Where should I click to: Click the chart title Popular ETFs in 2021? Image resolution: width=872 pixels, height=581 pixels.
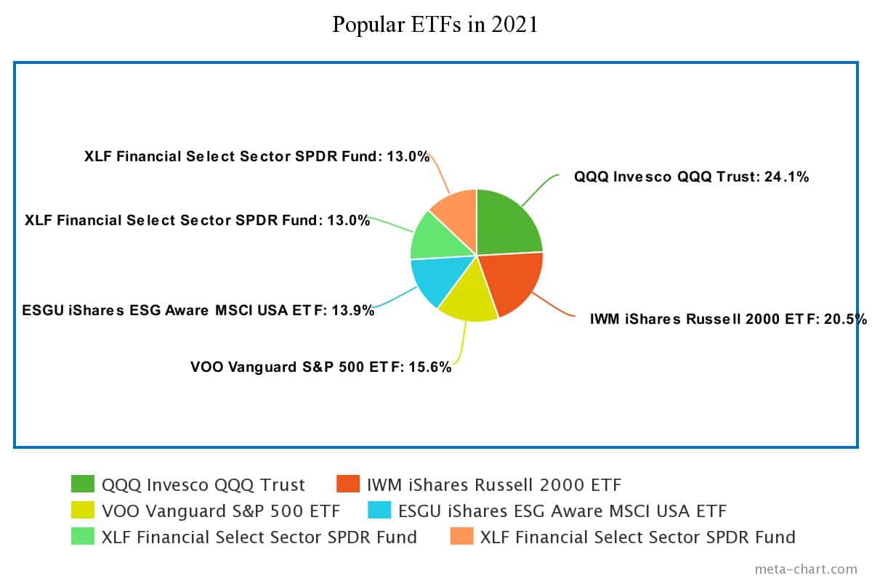(435, 25)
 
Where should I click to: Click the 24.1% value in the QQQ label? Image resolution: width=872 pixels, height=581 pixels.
(786, 176)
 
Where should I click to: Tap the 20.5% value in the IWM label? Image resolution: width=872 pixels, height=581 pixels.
(844, 319)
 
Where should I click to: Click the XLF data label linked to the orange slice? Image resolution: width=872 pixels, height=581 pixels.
(257, 156)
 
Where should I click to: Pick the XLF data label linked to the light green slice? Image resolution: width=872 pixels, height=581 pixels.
(197, 220)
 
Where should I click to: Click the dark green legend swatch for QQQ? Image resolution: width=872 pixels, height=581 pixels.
(83, 484)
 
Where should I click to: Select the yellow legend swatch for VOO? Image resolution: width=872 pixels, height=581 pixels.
(83, 511)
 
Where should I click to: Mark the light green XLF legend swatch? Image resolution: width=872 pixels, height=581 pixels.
(83, 537)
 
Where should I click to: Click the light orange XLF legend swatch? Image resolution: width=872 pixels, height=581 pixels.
(461, 537)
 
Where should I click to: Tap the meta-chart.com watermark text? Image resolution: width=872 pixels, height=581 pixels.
(806, 569)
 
